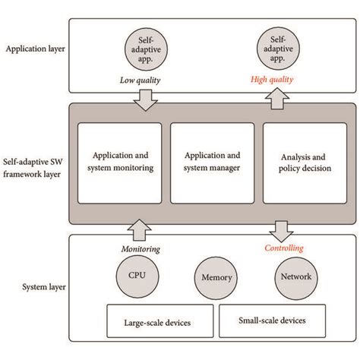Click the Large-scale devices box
click(157, 322)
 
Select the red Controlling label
click(283, 248)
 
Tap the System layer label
click(39, 287)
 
